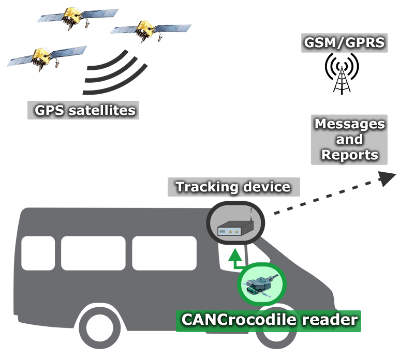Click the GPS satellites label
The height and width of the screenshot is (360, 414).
click(x=83, y=110)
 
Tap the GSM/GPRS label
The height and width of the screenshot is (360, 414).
click(x=344, y=42)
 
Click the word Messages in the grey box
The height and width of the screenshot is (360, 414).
click(x=349, y=125)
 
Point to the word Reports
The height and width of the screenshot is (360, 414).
click(x=349, y=155)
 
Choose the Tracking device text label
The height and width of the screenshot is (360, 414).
click(x=233, y=187)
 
